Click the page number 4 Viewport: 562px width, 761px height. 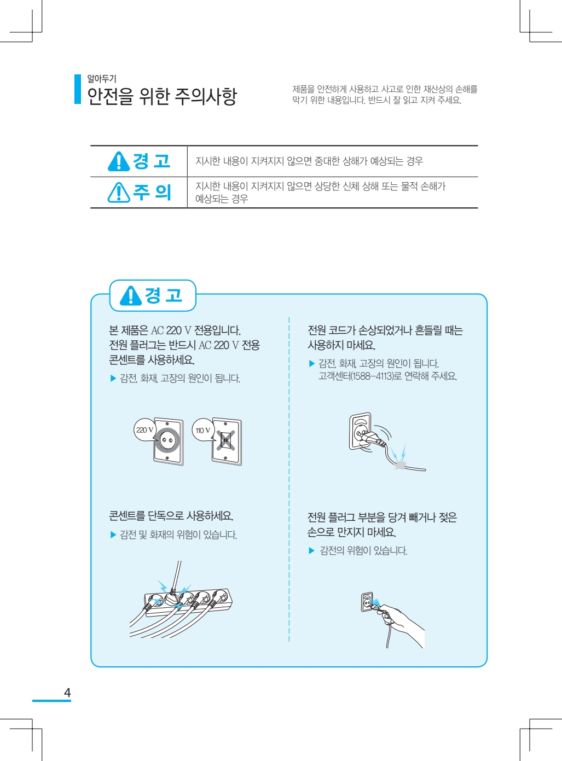coord(67,693)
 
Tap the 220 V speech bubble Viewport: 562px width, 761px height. coord(145,430)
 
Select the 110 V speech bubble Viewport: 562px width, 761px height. coord(204,430)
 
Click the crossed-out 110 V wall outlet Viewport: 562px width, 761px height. coord(227,441)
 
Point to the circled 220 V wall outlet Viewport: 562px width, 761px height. coord(168,441)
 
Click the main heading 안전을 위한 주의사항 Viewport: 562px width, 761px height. coord(161,96)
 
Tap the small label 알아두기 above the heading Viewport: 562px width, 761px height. coord(102,79)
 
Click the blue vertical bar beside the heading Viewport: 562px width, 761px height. coord(78,89)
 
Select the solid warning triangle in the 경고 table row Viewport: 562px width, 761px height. coord(118,161)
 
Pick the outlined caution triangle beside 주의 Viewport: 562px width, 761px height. coord(119,192)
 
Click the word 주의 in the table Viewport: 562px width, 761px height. coord(152,192)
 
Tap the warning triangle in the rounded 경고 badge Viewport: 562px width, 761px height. coord(130,296)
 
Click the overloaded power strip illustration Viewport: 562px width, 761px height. coord(181,600)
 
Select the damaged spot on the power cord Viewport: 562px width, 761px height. coord(400,465)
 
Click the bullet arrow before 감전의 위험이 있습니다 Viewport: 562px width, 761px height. coord(312,551)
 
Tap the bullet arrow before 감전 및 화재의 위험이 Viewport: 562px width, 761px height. coord(113,535)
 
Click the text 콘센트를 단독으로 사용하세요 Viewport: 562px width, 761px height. coord(171,515)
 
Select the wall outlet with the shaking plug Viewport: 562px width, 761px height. coord(360,431)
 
